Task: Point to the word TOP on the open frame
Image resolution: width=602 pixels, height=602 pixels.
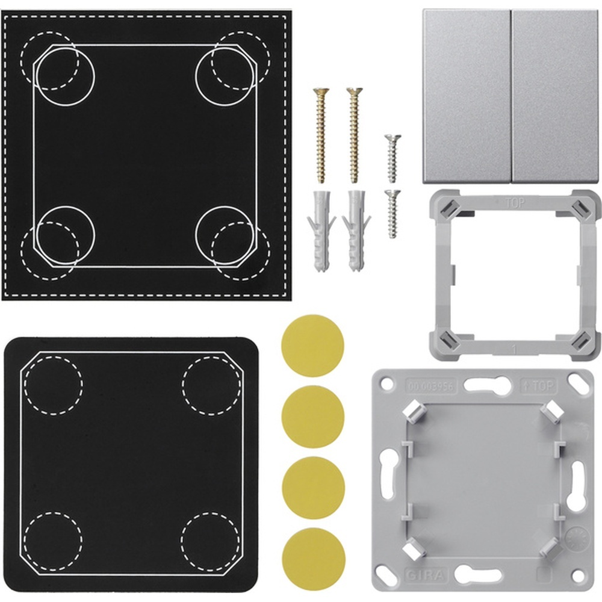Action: (x=515, y=202)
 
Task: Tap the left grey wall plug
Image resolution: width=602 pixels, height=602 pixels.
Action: (x=321, y=229)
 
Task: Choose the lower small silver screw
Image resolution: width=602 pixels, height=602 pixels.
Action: (x=393, y=214)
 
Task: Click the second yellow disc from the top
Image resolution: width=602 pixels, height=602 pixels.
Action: (x=312, y=417)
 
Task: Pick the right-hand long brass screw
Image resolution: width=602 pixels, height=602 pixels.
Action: (x=354, y=135)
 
